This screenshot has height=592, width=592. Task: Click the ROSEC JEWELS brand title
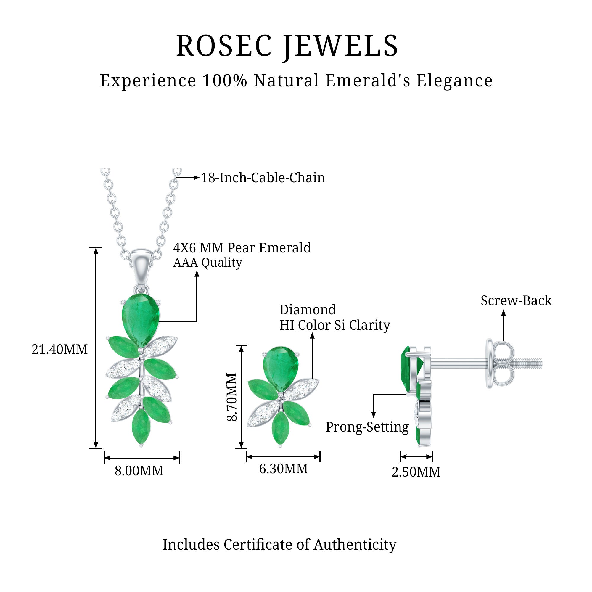pos(287,46)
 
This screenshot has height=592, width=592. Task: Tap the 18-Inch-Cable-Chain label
pos(263,178)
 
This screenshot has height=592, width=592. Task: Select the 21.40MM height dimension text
pos(59,349)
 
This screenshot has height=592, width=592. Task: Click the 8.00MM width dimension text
pos(139,471)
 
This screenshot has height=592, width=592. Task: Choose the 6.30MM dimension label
pos(284,469)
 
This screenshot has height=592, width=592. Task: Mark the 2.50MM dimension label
pos(416,472)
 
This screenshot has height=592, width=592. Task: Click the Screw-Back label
pos(516,301)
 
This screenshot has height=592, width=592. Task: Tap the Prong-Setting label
pos(367,427)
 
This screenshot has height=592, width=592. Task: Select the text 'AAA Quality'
pos(207,263)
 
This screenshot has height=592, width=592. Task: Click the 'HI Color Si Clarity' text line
pos(334,325)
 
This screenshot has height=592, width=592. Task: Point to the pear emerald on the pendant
pos(141,319)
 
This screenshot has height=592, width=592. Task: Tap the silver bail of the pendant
pos(141,267)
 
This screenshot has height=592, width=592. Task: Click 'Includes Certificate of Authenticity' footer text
pos(279,545)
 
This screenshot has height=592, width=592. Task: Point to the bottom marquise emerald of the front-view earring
pos(280,428)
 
